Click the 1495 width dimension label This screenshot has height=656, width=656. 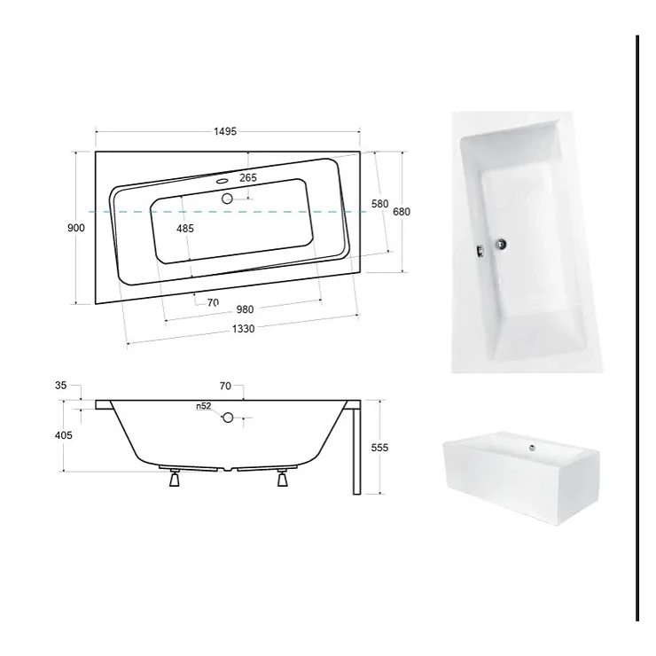pos(225,131)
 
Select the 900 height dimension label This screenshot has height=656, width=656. pos(75,228)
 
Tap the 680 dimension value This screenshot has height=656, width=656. pos(402,212)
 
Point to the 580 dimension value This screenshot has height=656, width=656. pos(380,204)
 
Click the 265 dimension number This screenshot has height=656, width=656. pos(248,178)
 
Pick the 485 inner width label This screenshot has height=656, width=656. pos(185,229)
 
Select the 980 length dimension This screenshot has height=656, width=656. pos(246,309)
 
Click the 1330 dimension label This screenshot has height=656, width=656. pos(244,329)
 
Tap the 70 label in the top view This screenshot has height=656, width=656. pos(213,302)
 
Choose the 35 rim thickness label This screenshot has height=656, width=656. pos(60,386)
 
